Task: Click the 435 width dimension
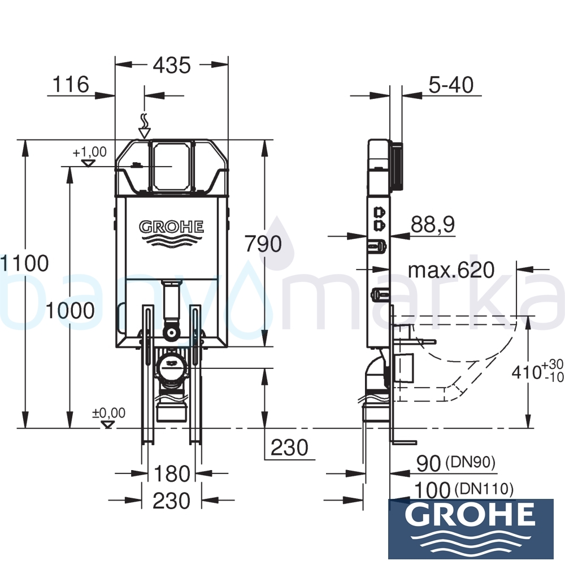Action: tap(172, 66)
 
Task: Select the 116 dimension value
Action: tap(71, 85)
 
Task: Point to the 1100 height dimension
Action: tap(25, 263)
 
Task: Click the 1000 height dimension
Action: tap(70, 310)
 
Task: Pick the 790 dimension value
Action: tap(263, 244)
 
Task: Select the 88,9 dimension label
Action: tap(433, 225)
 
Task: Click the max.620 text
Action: tap(451, 270)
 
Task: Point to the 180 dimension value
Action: tap(172, 474)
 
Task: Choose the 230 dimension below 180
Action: tap(172, 501)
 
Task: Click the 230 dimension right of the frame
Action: tap(289, 447)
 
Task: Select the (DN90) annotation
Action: tap(470, 463)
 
